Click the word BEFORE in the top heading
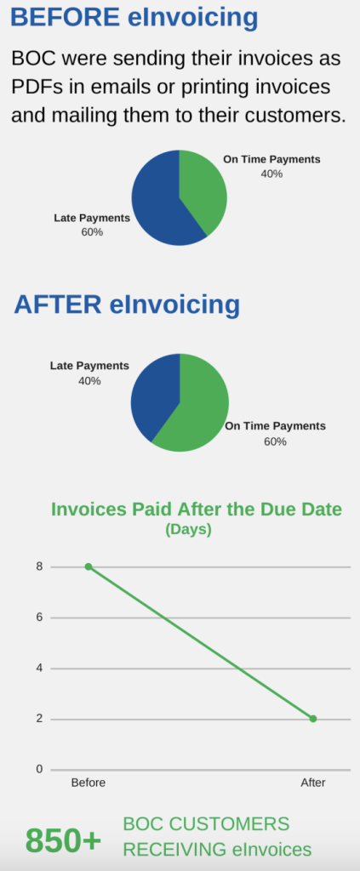point(65,17)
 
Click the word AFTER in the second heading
point(58,305)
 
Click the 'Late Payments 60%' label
point(92,225)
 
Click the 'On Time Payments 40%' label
point(271,166)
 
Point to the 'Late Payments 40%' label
point(89,373)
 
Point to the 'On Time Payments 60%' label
point(275,434)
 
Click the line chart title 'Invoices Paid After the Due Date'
point(196,510)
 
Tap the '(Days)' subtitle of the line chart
point(188,529)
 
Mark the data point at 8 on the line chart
point(89,566)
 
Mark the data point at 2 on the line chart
point(313,719)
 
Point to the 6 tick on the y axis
point(39,618)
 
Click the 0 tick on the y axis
point(39,769)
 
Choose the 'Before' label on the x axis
point(89,783)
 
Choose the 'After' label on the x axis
point(313,783)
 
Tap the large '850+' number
point(63,840)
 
